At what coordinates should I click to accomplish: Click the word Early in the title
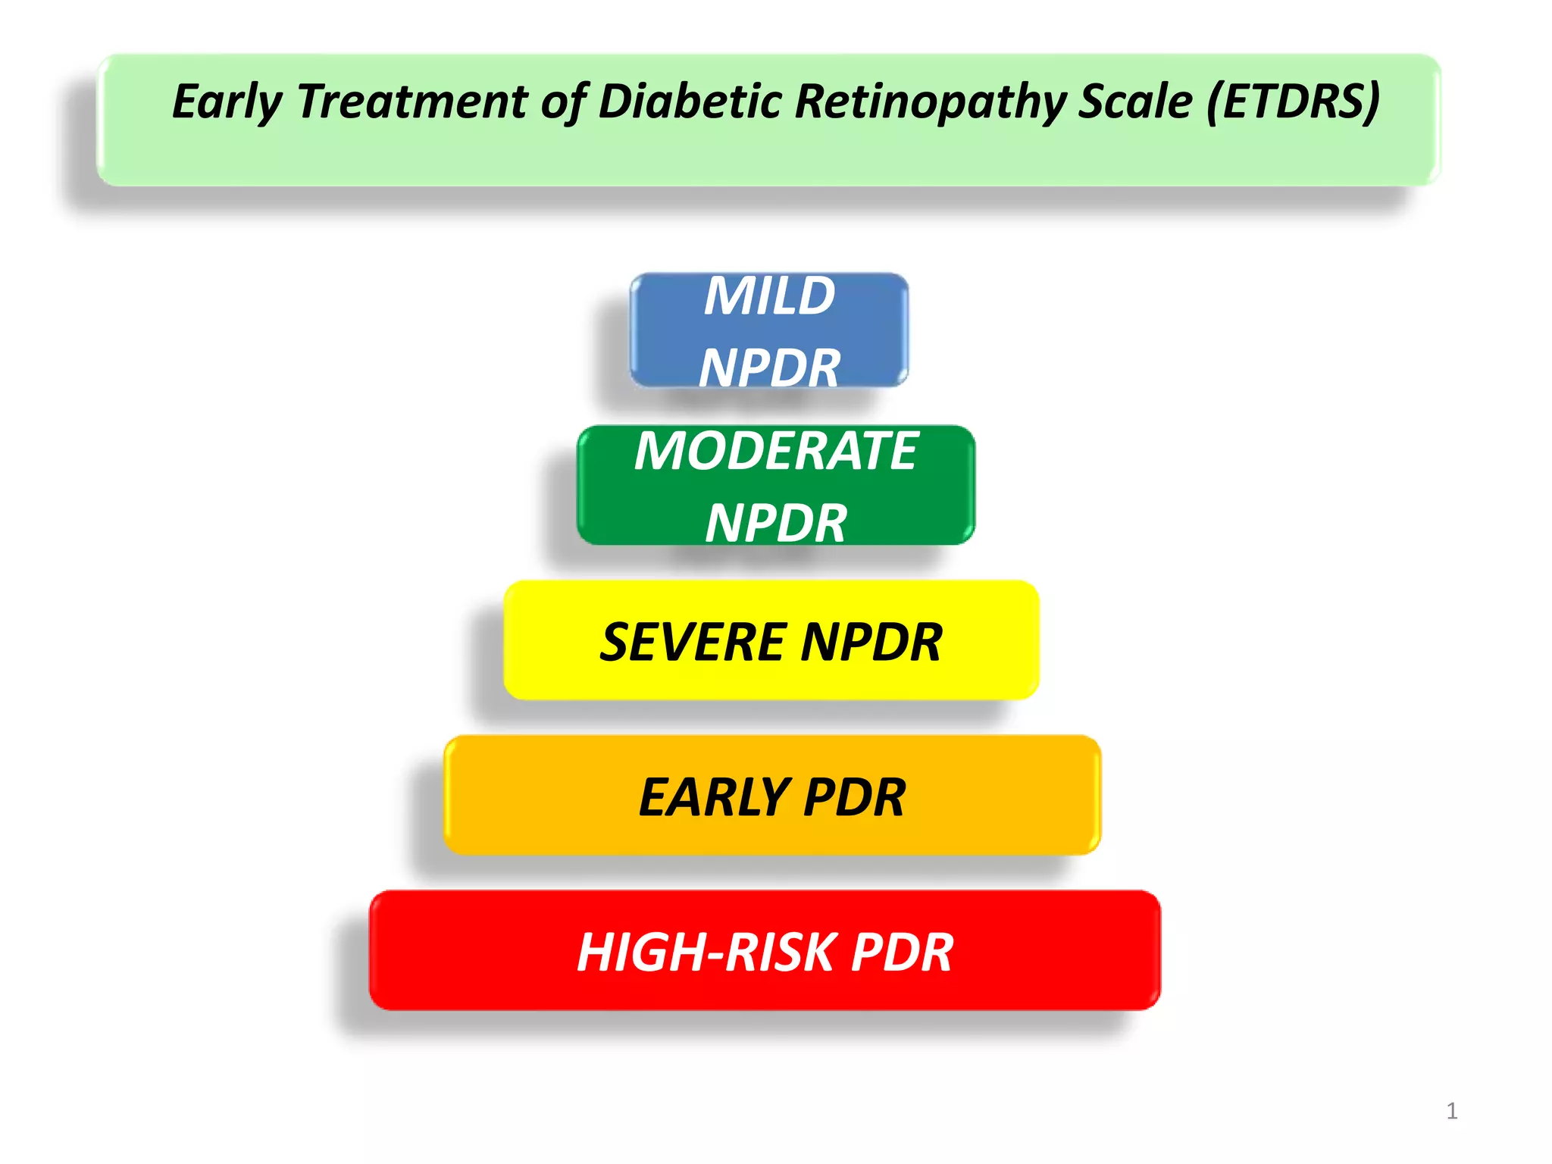(227, 102)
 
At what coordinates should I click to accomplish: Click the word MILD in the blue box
(769, 296)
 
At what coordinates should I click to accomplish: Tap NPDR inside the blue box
(769, 368)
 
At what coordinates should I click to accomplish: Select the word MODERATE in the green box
(776, 451)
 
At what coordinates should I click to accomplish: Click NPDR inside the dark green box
(776, 523)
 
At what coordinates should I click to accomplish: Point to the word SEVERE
(693, 643)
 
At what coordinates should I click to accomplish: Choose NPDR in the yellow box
(871, 643)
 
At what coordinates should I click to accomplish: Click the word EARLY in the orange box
(714, 797)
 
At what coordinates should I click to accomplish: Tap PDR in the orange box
(854, 797)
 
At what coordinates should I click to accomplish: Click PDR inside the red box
(902, 953)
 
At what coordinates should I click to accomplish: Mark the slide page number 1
(1451, 1111)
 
